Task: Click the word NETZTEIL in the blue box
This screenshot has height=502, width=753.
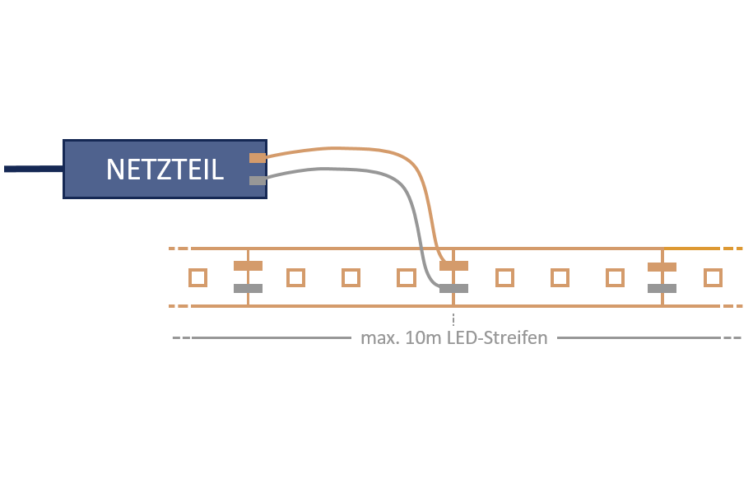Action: point(165,170)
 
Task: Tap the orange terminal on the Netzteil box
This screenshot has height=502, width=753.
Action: point(258,157)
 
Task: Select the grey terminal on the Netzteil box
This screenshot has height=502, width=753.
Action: point(258,180)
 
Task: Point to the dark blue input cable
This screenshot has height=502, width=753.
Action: point(33,169)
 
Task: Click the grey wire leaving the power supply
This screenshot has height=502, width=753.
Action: point(346,170)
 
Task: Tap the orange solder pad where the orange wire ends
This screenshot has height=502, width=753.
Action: point(453,266)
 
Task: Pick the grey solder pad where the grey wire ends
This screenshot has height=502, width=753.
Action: point(453,289)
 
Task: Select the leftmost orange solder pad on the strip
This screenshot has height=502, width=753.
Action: point(248,266)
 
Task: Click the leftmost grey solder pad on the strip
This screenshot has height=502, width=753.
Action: point(248,289)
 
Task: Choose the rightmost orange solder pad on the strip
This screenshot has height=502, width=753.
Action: point(662,266)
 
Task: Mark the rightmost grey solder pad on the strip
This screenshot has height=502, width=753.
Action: point(662,289)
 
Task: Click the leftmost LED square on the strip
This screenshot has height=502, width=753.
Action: point(198,277)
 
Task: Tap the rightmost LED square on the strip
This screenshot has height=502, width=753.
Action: point(713,277)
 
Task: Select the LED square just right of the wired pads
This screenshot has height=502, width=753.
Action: point(504,277)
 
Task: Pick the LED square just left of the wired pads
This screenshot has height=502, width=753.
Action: point(406,277)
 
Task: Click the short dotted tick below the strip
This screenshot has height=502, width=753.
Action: point(453,318)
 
